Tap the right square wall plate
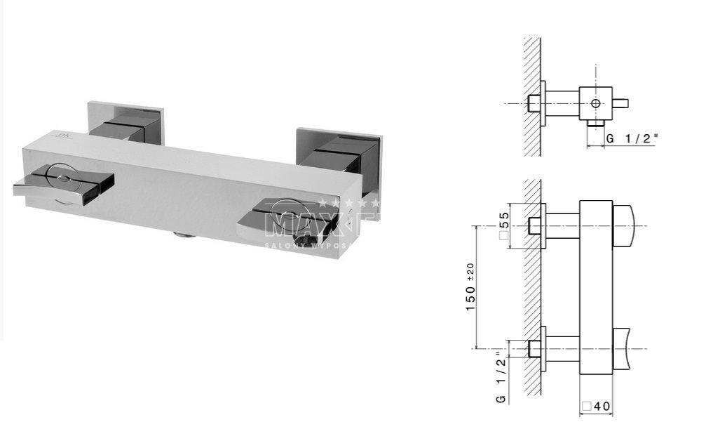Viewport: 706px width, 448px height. pyautogui.click(x=340, y=151)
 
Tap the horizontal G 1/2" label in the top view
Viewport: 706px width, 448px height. pyautogui.click(x=632, y=138)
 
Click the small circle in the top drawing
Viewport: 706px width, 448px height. pyautogui.click(x=595, y=103)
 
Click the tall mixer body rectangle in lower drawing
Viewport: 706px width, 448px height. pyautogui.click(x=596, y=307)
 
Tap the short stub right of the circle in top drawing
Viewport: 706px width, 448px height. pyautogui.click(x=620, y=103)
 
